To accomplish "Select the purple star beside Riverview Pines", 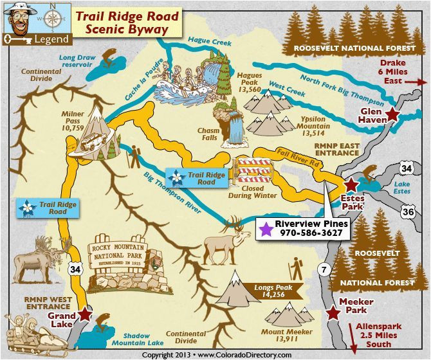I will pyautogui.click(x=265, y=228).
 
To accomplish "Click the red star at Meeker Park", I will pyautogui.click(x=333, y=313).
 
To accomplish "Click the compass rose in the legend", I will pyautogui.click(x=53, y=18).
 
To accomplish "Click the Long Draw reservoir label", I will pyautogui.click(x=78, y=61).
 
